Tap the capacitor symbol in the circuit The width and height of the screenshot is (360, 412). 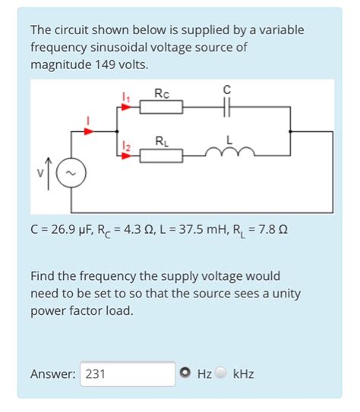[x=226, y=108]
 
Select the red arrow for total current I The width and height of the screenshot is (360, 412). [x=89, y=131]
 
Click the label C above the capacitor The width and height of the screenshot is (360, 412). [x=226, y=90]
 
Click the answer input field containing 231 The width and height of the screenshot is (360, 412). [x=128, y=373]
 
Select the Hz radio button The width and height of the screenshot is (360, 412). [x=185, y=373]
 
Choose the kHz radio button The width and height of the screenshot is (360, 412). [x=221, y=373]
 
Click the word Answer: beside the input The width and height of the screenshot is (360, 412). [x=53, y=373]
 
